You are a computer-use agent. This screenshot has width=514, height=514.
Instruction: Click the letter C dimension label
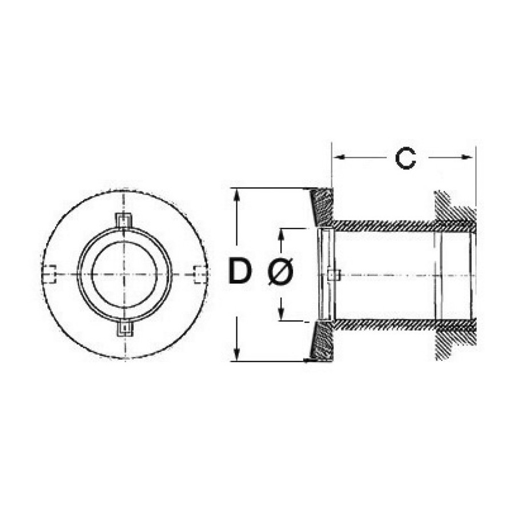(x=405, y=159)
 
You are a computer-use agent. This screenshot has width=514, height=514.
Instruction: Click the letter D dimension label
(x=240, y=271)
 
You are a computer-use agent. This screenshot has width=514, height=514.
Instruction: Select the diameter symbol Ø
(x=280, y=271)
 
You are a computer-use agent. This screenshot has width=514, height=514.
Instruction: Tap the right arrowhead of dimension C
(x=468, y=157)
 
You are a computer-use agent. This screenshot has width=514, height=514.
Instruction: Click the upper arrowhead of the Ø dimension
(x=280, y=235)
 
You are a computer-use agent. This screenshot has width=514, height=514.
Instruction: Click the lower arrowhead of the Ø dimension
(x=280, y=314)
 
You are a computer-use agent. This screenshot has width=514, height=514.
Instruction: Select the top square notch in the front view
(x=124, y=220)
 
